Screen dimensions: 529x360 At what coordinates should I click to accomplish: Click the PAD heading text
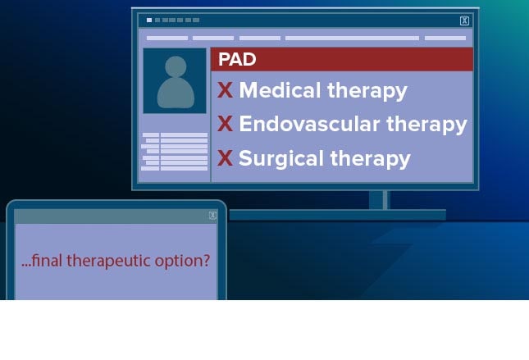point(237,59)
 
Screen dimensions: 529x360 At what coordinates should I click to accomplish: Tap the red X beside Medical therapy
point(225,90)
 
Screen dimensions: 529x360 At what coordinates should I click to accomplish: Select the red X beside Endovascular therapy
point(225,124)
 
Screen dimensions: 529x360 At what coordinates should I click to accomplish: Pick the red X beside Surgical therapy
point(225,158)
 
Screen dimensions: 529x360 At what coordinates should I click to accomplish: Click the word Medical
point(280,90)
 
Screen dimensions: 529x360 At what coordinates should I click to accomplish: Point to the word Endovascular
point(309,124)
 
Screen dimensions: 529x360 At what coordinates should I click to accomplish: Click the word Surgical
point(281,158)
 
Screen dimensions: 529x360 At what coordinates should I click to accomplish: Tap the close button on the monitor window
point(464,21)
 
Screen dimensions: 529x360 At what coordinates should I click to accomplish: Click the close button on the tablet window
point(212,215)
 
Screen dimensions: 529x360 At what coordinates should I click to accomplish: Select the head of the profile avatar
point(176,66)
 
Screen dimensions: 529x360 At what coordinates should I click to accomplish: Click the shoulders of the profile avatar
point(176,93)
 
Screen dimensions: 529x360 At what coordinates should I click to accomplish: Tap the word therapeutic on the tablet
point(108,261)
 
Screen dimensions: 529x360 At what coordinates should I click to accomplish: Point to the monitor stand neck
point(379,200)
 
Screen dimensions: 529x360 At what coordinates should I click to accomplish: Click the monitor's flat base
point(338,215)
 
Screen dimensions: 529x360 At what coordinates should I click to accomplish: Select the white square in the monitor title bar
point(149,21)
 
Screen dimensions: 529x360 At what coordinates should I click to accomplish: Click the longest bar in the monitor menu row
point(352,38)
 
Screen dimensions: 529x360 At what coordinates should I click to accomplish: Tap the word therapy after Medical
point(367,91)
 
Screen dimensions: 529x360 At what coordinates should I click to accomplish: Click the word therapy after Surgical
point(370,159)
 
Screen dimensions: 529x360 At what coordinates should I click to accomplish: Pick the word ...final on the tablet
point(42,261)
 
